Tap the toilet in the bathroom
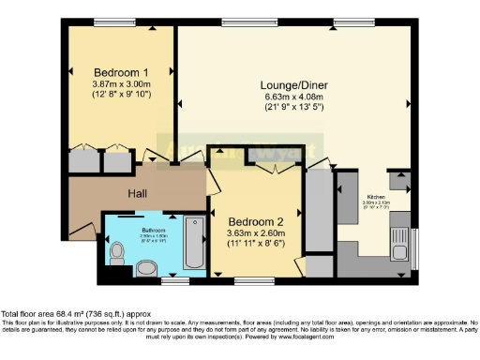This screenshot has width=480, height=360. point(117,254)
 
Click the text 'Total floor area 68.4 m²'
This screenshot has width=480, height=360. point(56,313)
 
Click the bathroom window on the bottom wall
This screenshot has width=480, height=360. point(172,280)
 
